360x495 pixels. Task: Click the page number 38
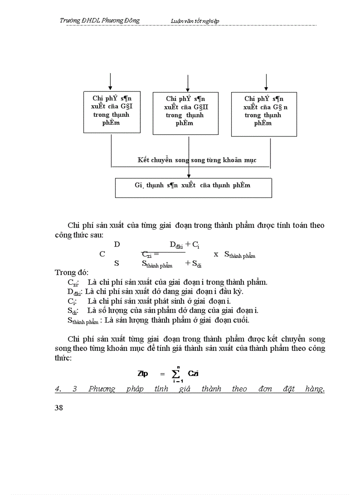coord(59,408)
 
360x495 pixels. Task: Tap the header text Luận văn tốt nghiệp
coord(195,21)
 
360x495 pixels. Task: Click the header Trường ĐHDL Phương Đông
coord(100,20)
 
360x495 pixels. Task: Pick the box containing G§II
coord(185,113)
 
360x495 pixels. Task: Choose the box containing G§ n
coord(264,114)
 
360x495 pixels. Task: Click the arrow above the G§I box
coord(110,82)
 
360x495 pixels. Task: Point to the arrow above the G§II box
coord(188,83)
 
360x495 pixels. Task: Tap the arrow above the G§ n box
coord(266,83)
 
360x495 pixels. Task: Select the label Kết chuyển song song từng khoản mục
coord(197,160)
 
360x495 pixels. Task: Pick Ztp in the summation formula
coord(143,374)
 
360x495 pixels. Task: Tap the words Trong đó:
coord(72,272)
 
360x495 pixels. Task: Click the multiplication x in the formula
coord(216,254)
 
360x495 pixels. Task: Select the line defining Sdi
coord(162,311)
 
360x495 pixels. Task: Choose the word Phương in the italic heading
coord(101,389)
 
